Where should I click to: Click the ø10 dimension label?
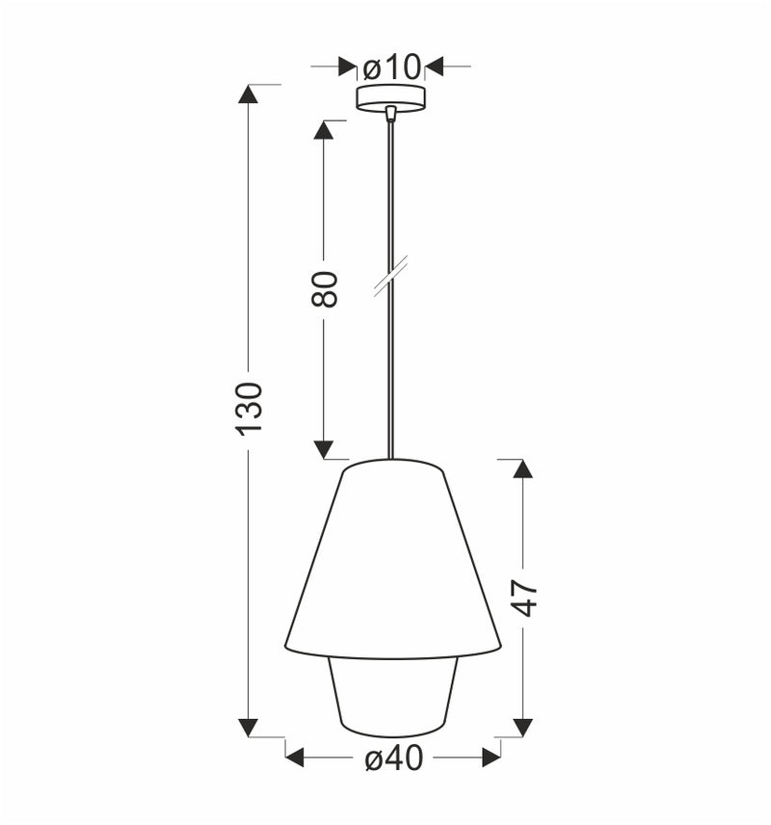coord(392,67)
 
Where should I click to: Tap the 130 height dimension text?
coord(249,407)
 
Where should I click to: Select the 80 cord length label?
coord(325,289)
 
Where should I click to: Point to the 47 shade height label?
coord(523,599)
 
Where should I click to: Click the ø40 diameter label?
coord(394,759)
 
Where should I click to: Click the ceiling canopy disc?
coord(390,97)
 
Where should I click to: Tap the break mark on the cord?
coord(390,275)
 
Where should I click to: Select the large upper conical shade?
coord(392,559)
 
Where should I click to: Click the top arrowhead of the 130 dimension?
coord(249,93)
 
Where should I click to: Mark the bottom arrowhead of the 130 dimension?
coord(249,728)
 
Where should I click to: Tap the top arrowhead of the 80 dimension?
coord(324,129)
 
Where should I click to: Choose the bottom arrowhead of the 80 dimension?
coord(324,450)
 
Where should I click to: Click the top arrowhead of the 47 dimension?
coord(522,468)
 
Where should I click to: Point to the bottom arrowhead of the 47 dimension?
coord(522,728)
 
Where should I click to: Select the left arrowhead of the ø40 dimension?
coord(295,758)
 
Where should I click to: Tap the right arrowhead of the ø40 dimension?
coord(492,758)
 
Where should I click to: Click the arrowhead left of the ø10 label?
coord(348,67)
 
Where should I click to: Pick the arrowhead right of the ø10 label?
coord(434,67)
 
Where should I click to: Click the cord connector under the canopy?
coord(390,114)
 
